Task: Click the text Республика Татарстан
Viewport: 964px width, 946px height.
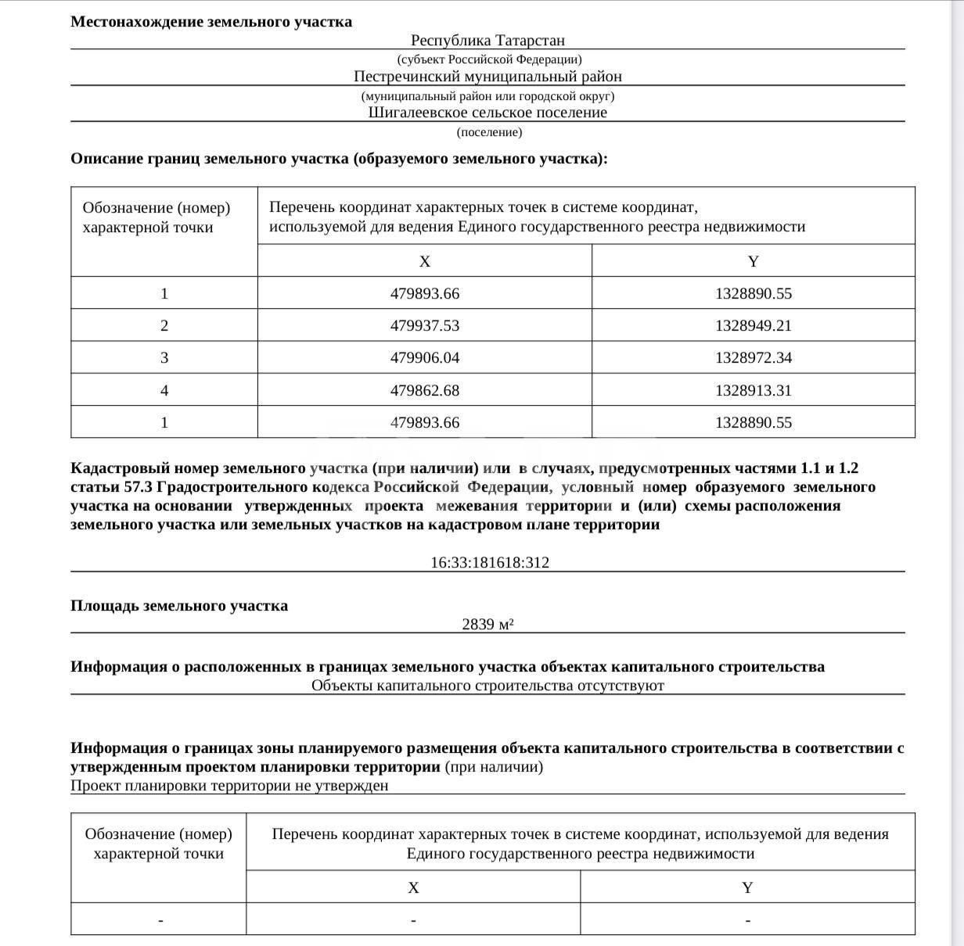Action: pos(487,40)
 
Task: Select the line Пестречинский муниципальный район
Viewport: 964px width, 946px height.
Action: pos(487,77)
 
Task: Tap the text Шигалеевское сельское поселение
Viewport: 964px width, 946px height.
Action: pos(487,113)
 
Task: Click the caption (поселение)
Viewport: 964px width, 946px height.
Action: pos(489,132)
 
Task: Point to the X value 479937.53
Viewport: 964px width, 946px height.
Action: pos(425,326)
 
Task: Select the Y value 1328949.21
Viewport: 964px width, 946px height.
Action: pos(753,326)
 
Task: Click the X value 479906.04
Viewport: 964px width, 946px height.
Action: pos(425,358)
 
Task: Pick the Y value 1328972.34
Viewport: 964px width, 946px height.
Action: pos(753,358)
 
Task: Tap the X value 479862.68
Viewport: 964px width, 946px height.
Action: pos(425,390)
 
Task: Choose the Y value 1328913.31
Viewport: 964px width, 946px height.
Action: pos(753,390)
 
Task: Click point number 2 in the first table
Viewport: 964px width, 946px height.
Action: pos(164,326)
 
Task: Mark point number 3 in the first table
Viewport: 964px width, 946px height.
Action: pos(164,358)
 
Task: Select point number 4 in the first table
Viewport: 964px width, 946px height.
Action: pos(164,390)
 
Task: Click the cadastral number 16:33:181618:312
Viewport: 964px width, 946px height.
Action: pos(489,562)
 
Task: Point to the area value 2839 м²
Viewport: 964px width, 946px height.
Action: pos(487,624)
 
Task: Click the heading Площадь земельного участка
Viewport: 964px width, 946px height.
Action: pos(179,606)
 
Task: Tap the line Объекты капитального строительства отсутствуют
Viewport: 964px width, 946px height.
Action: pos(487,686)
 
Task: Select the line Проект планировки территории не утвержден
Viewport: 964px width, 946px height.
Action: pos(229,786)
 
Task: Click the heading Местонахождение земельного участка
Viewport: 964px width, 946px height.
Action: pos(211,22)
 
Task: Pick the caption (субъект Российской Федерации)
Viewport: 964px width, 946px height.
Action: pos(489,59)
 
